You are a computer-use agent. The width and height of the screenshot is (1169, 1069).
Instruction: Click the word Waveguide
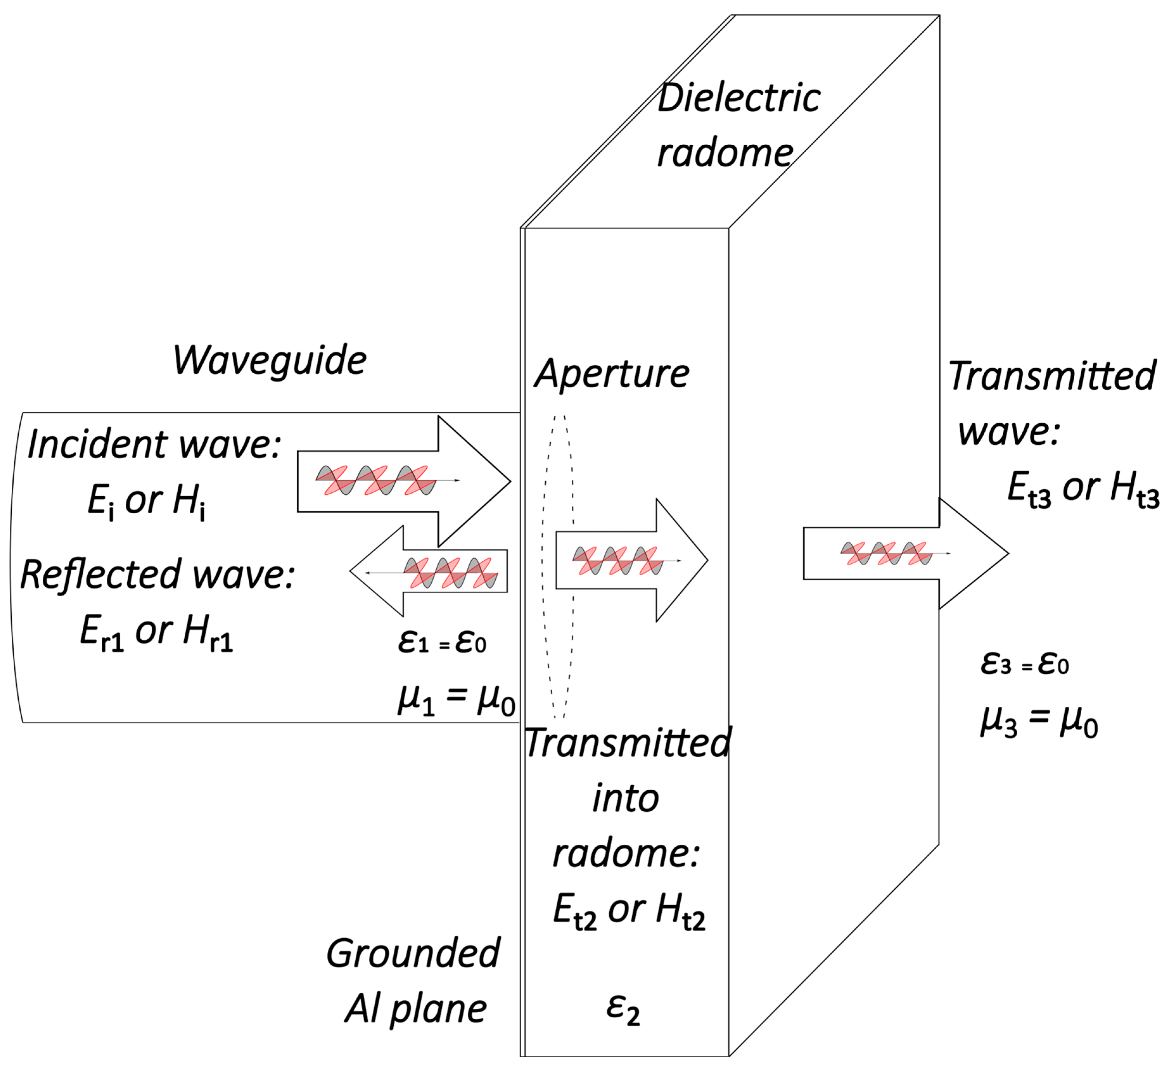pos(270,361)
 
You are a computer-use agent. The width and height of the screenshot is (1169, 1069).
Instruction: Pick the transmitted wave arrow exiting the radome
pos(905,553)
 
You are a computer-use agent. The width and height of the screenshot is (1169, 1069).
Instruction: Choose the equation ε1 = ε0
pos(442,642)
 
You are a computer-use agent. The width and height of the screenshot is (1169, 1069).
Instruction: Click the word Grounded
pos(413,954)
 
